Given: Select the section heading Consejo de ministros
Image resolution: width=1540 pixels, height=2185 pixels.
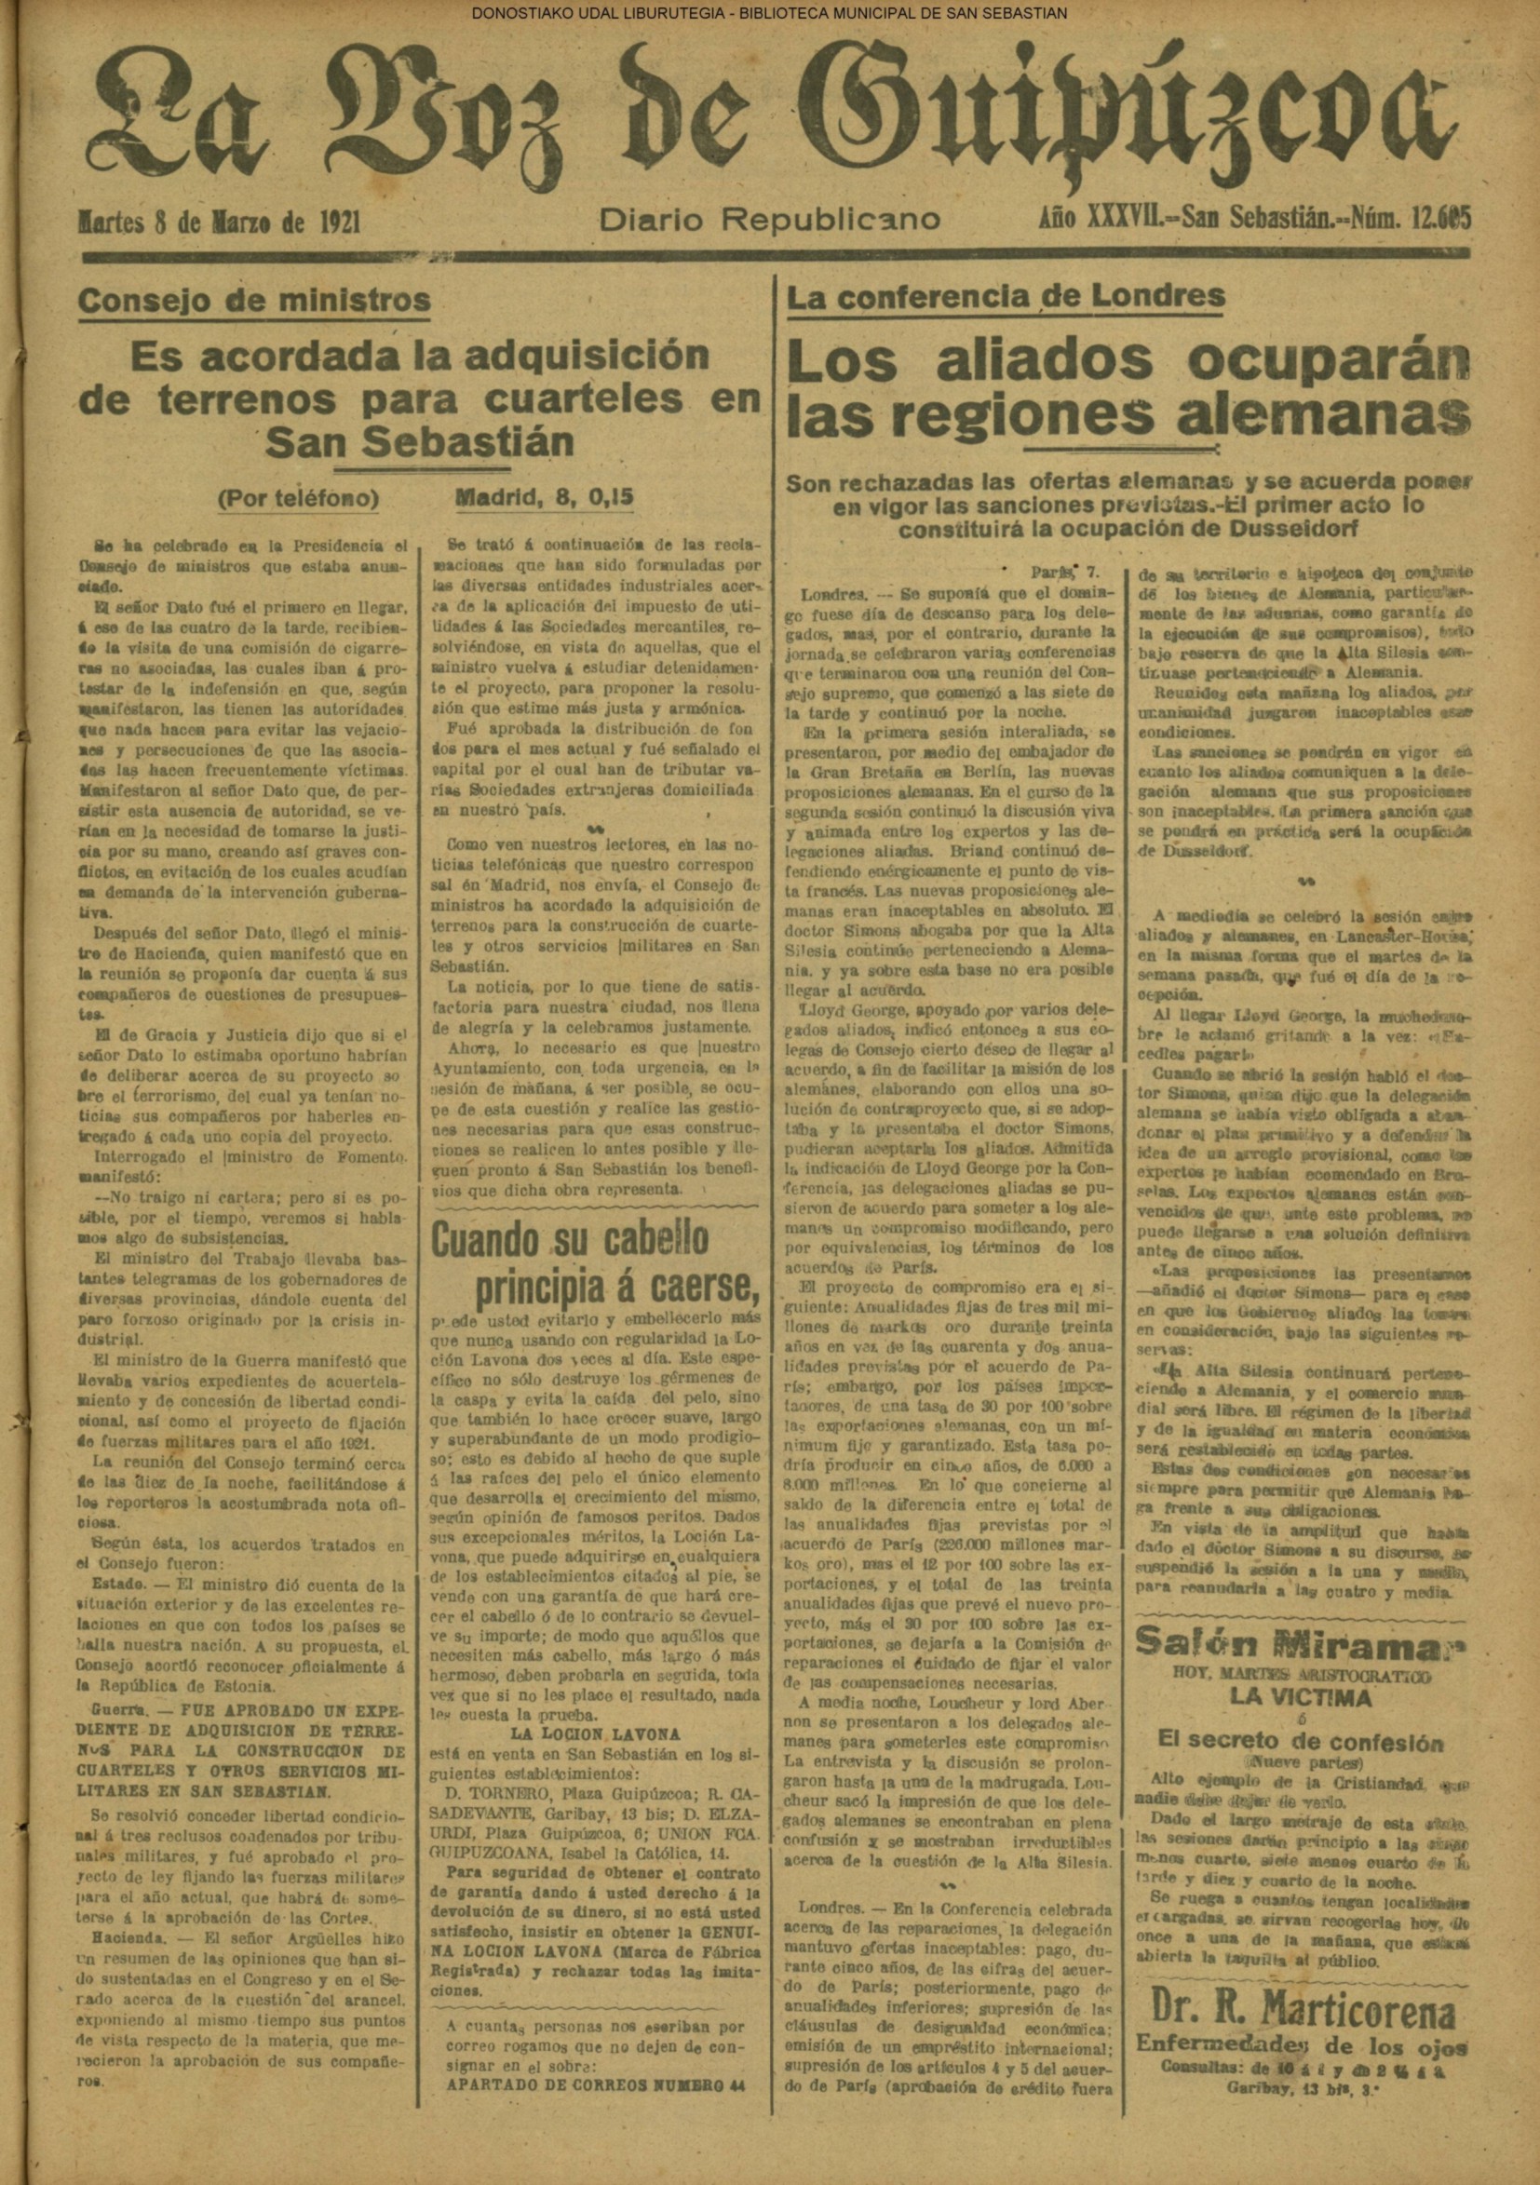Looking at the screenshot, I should tap(254, 301).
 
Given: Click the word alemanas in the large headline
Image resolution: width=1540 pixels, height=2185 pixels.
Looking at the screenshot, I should tap(1322, 415).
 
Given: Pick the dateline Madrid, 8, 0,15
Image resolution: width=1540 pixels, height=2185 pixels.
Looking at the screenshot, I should tap(546, 498).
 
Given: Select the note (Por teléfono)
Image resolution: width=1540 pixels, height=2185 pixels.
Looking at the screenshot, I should tap(298, 499).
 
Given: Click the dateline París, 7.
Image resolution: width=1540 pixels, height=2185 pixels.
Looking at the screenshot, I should tap(1065, 573).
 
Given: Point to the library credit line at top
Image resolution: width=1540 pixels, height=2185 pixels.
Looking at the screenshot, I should tap(769, 12).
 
